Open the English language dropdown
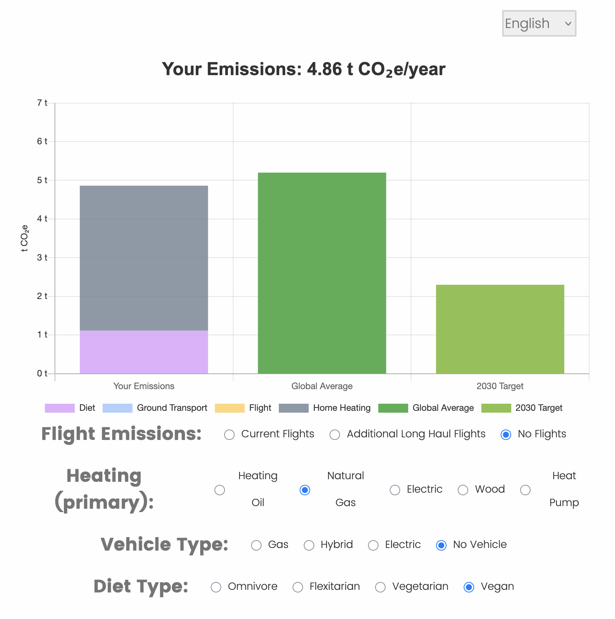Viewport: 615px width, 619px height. pyautogui.click(x=539, y=24)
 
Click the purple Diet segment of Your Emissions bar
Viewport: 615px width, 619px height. pyautogui.click(x=144, y=352)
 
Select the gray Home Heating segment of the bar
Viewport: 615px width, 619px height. pyautogui.click(x=144, y=258)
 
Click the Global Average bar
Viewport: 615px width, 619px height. pyautogui.click(x=322, y=273)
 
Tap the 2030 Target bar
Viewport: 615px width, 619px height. pyautogui.click(x=500, y=329)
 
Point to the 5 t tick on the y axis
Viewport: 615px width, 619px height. pyautogui.click(x=42, y=180)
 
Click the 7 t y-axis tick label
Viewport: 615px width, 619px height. pyautogui.click(x=42, y=103)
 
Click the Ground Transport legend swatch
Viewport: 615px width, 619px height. pyautogui.click(x=117, y=408)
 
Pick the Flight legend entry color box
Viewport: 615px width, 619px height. pyautogui.click(x=229, y=408)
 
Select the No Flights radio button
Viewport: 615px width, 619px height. pyautogui.click(x=506, y=435)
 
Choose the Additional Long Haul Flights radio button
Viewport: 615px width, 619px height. pyautogui.click(x=335, y=435)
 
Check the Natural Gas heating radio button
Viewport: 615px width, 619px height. pyautogui.click(x=305, y=490)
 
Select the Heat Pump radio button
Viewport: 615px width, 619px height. pyautogui.click(x=525, y=490)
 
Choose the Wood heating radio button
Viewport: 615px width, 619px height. pyautogui.click(x=463, y=490)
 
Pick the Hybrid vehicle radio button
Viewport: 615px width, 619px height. pyautogui.click(x=309, y=545)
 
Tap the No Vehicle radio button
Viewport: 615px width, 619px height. pyautogui.click(x=441, y=545)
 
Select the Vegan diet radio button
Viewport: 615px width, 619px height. pyautogui.click(x=469, y=587)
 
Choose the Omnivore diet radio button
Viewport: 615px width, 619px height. pyautogui.click(x=216, y=587)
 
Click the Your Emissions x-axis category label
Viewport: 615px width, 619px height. pyautogui.click(x=144, y=386)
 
